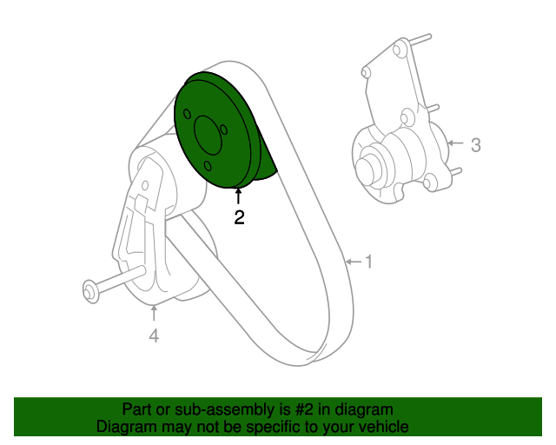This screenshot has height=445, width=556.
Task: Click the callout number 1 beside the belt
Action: click(x=368, y=261)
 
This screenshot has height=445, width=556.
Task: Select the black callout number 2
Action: click(x=239, y=218)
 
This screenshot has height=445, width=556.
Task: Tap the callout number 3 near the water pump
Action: click(x=475, y=145)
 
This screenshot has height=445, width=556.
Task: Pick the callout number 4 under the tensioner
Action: click(x=154, y=335)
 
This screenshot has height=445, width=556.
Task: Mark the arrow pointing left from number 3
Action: click(x=455, y=143)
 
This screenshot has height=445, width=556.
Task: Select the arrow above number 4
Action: click(x=154, y=312)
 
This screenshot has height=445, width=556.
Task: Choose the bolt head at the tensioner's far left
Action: click(x=89, y=290)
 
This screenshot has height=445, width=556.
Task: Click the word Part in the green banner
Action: click(x=137, y=409)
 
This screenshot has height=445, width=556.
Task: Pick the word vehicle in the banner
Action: click(x=384, y=427)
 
